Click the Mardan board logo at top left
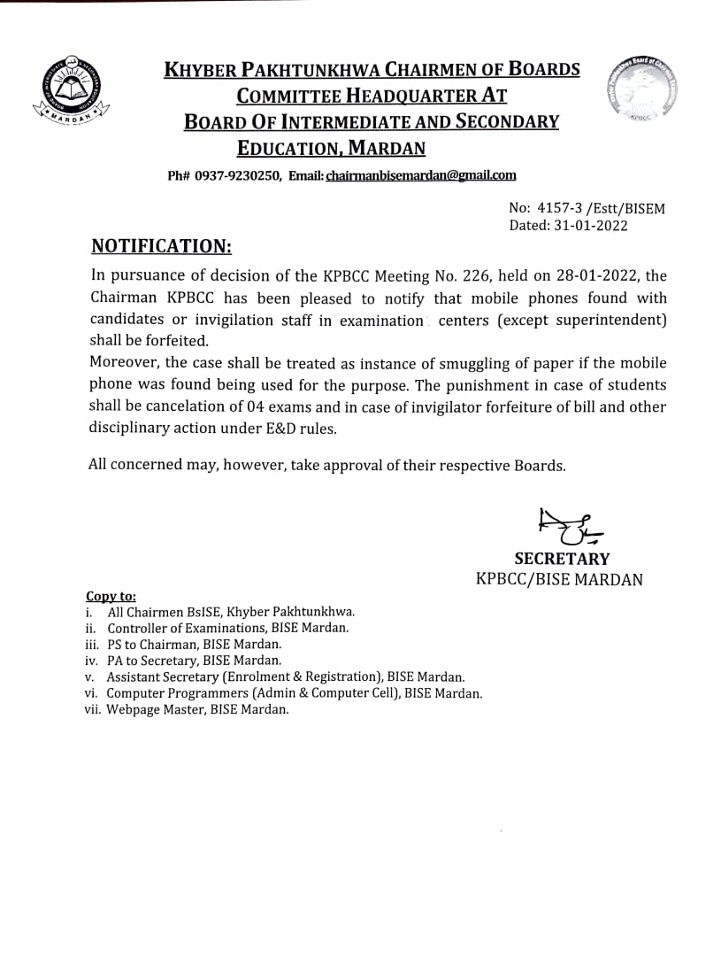72,92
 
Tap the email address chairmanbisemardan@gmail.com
420,175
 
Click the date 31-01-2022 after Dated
592,225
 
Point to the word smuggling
418,363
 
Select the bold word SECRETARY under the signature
562,559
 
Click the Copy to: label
111,597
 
